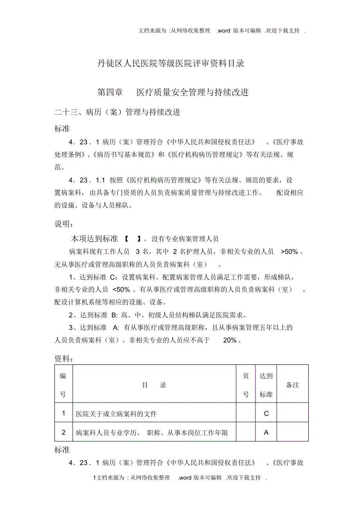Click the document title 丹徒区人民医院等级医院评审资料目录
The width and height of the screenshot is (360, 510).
171,63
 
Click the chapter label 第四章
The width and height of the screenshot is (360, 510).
110,92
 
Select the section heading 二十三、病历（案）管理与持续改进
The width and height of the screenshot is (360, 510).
117,112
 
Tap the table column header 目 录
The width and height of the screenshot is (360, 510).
154,385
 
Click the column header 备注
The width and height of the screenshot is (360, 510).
293,385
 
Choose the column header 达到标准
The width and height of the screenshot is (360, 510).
266,385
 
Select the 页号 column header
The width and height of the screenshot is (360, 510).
246,385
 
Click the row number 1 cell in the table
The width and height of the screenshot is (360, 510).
64,413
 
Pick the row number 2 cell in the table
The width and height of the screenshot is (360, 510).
64,433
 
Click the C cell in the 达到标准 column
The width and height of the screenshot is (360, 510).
266,413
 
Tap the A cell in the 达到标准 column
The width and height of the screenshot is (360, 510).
266,433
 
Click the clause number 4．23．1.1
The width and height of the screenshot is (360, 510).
87,180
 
